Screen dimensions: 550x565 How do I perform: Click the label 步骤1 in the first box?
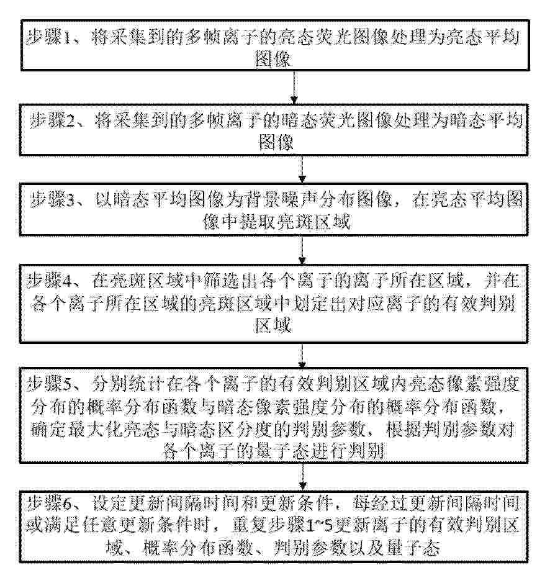(x=49, y=37)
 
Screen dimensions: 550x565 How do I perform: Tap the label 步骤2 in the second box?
(x=52, y=120)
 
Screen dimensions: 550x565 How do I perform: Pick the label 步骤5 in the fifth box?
(x=50, y=384)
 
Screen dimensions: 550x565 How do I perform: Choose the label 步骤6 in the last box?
(x=50, y=504)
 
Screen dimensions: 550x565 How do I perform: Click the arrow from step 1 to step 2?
(x=294, y=88)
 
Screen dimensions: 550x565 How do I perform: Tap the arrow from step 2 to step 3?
(x=302, y=169)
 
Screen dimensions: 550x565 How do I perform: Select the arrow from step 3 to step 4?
(x=302, y=250)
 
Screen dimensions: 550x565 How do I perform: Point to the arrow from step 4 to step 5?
(x=302, y=356)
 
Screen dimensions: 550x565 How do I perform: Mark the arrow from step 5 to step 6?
(x=303, y=477)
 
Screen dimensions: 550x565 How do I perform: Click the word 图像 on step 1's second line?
(x=273, y=59)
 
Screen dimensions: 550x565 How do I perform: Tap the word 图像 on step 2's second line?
(x=276, y=142)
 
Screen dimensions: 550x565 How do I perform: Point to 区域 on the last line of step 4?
(x=273, y=325)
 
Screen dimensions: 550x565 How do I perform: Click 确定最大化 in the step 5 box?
(x=77, y=430)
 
